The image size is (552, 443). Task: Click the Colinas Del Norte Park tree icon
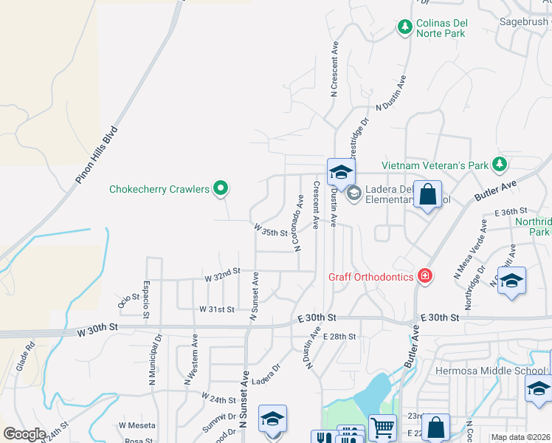click(404, 27)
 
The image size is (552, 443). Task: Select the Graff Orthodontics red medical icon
click(424, 277)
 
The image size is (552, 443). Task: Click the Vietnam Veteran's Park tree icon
click(500, 163)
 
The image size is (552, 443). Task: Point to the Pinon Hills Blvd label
click(97, 156)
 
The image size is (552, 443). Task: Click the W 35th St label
click(270, 231)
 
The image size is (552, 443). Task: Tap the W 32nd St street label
click(222, 275)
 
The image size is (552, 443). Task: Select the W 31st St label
click(216, 309)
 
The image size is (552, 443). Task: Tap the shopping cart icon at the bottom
click(382, 427)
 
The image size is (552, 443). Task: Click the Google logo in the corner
click(24, 434)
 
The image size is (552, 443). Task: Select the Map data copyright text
click(521, 437)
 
